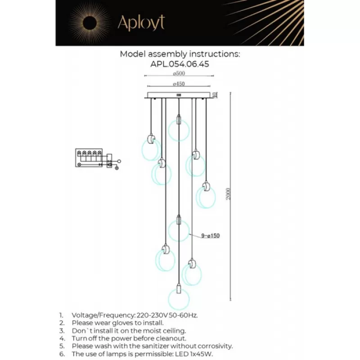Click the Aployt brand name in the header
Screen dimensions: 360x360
tap(141, 22)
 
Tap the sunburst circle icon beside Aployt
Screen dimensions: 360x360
tap(88, 22)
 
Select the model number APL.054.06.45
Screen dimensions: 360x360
tap(180, 64)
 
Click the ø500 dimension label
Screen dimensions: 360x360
tap(179, 74)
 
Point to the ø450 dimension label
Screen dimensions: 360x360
tap(179, 84)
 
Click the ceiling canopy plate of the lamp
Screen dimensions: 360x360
tap(179, 95)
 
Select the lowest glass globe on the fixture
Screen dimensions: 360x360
tap(179, 299)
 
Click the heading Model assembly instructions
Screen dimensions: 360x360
tap(180, 54)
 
